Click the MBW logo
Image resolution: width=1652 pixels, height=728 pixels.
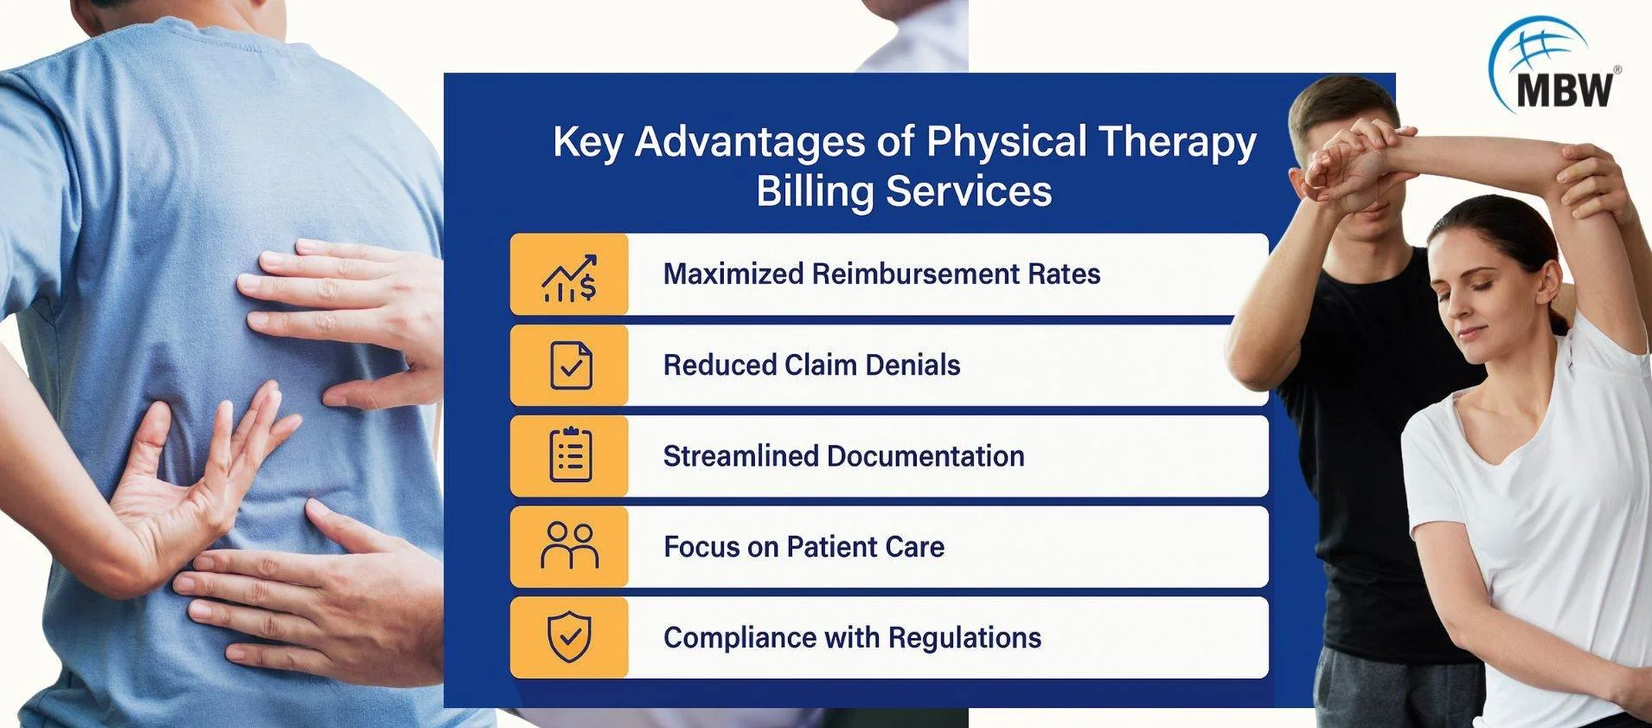[x=1554, y=67]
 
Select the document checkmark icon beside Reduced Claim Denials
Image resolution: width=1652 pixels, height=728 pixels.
[x=571, y=365]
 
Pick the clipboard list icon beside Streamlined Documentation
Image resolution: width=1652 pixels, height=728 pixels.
[x=571, y=455]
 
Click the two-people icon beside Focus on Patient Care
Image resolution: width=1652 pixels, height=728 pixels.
[x=570, y=545]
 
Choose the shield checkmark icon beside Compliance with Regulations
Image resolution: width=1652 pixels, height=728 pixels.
[x=570, y=637]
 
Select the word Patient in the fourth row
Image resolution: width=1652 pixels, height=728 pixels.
[x=833, y=546]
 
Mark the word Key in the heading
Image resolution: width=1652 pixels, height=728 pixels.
[x=587, y=142]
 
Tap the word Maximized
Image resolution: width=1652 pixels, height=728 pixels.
[x=733, y=274]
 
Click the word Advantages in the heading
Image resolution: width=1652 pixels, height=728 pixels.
[x=750, y=142]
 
